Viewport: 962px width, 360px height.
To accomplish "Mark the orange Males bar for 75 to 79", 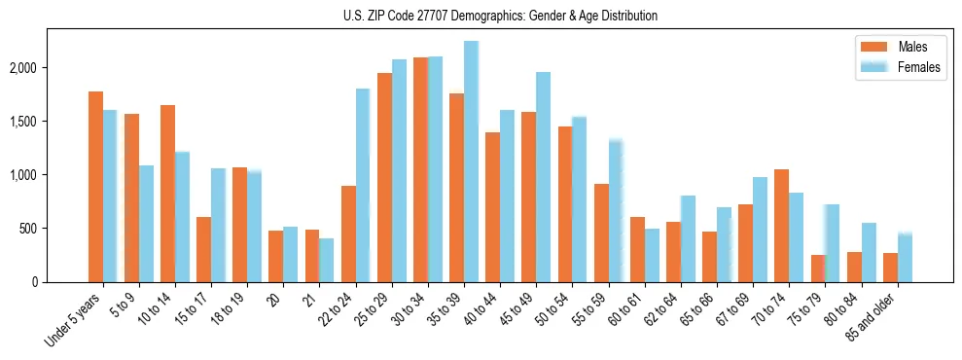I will coord(817,269).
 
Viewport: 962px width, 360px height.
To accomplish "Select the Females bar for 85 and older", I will coord(905,258).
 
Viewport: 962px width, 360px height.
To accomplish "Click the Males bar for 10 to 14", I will coord(167,194).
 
